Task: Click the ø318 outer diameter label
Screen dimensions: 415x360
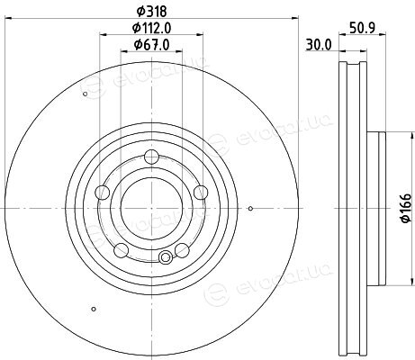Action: pyautogui.click(x=151, y=12)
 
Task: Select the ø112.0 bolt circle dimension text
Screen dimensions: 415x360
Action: pyautogui.click(x=152, y=28)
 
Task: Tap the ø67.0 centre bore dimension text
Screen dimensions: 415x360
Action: pyautogui.click(x=151, y=45)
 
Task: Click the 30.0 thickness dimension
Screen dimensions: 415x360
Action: pyautogui.click(x=319, y=45)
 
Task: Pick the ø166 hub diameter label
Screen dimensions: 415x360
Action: pyautogui.click(x=406, y=208)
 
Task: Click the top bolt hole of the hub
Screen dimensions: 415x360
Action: pyautogui.click(x=151, y=157)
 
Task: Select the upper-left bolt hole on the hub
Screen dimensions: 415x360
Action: pyautogui.click(x=102, y=193)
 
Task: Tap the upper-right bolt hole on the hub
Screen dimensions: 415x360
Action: pyautogui.click(x=201, y=193)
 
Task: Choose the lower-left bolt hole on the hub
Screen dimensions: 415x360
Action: pyautogui.click(x=122, y=250)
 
